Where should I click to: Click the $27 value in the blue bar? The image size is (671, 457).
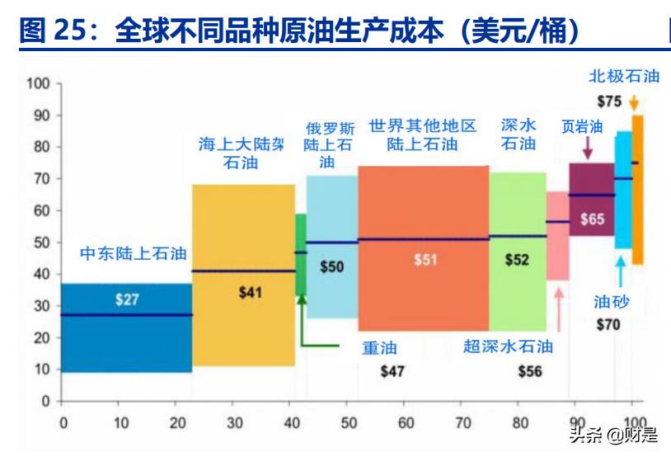(x=127, y=299)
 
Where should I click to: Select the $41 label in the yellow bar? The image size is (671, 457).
(x=251, y=292)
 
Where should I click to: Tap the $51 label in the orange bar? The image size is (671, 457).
(x=425, y=259)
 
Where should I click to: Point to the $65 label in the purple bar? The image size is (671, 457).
(x=592, y=219)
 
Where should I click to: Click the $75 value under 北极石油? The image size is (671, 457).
(x=609, y=101)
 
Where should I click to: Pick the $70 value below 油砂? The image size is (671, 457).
(x=608, y=324)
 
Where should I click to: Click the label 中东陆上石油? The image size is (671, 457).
(x=133, y=254)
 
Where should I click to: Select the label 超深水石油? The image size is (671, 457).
(x=508, y=346)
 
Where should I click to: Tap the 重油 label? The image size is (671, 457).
(x=380, y=347)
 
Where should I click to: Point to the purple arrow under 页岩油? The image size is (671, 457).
(x=588, y=148)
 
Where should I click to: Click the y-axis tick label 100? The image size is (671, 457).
(x=39, y=83)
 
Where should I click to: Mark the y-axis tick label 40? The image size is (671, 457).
(x=42, y=274)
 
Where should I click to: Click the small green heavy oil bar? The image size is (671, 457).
(x=301, y=254)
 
